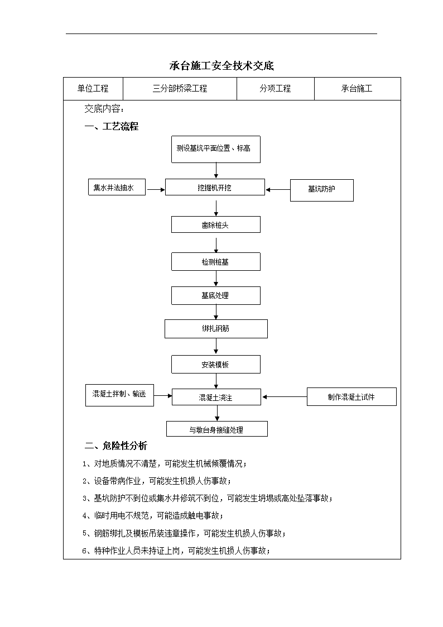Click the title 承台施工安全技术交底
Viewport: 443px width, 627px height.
(x=222, y=65)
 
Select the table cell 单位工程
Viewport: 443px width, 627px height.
(x=93, y=88)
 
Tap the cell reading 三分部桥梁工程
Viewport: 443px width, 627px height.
(x=180, y=88)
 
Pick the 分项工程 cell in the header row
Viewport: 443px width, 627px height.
(x=275, y=88)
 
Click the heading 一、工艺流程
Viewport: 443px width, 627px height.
(x=112, y=126)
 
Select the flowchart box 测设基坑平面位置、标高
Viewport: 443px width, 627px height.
(x=216, y=149)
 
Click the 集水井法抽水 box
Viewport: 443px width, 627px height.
(x=117, y=187)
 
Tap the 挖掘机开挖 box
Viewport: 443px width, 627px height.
(x=215, y=187)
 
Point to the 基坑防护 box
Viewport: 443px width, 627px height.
(x=321, y=190)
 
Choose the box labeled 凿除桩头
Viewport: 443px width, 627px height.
(x=216, y=225)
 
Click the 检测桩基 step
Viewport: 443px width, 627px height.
(x=216, y=261)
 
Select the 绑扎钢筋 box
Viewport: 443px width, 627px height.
(x=216, y=329)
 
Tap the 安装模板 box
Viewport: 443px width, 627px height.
(x=216, y=364)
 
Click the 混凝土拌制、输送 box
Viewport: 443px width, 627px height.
(x=119, y=395)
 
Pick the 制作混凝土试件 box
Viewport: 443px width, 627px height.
(x=351, y=396)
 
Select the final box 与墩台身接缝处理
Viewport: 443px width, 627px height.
(x=217, y=429)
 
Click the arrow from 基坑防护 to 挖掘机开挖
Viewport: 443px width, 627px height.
(x=278, y=189)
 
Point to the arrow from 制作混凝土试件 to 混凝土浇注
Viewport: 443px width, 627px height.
(x=285, y=396)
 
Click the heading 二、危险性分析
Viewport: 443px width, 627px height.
(x=116, y=446)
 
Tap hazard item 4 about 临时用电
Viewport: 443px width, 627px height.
(x=153, y=516)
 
